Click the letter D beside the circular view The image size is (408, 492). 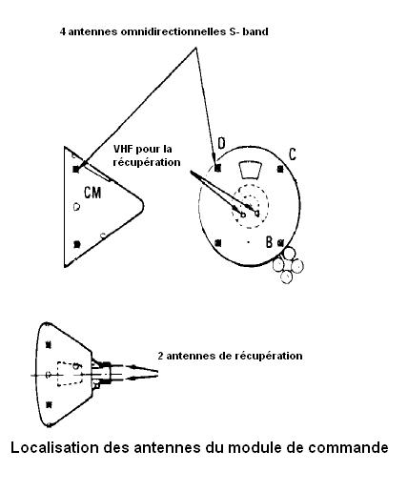(221, 143)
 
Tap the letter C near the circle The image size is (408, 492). (293, 154)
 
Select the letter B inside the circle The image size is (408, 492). (269, 242)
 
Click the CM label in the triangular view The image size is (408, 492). (92, 193)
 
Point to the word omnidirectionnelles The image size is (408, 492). (173, 31)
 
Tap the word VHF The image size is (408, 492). (123, 149)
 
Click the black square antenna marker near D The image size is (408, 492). (217, 168)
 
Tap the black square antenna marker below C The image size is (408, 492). (280, 169)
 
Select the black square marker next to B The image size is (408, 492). (280, 243)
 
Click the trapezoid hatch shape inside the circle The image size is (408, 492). (250, 170)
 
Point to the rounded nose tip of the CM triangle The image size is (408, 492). (143, 207)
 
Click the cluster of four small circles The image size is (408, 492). (288, 265)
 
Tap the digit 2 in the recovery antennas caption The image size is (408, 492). (161, 356)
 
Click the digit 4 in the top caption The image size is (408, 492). (63, 31)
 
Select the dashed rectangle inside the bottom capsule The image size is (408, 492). (69, 374)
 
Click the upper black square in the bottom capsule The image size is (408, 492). (49, 345)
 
